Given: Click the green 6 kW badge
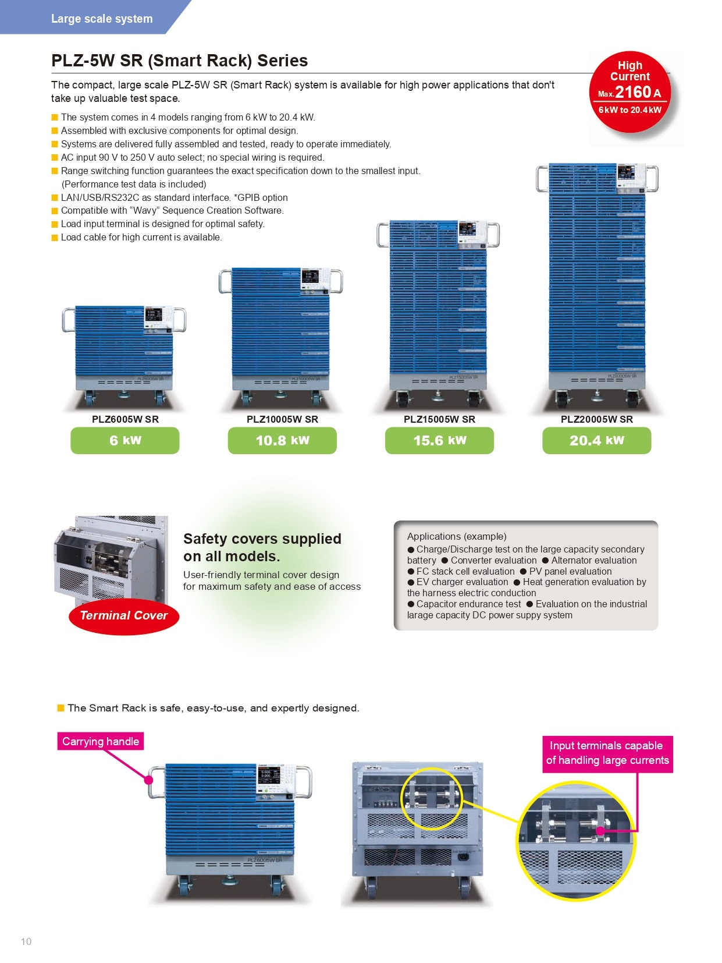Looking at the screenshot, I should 125,440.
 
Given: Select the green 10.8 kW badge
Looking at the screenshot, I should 282,440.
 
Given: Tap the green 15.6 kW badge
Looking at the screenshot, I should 439,440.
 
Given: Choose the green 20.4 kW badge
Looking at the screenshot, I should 596,440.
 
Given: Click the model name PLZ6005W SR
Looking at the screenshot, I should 125,419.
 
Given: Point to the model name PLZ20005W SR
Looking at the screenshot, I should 596,419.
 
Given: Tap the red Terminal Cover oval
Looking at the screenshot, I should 123,616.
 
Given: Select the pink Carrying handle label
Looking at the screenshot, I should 101,741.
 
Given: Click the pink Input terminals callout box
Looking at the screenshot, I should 607,753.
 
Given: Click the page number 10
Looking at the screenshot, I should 26,941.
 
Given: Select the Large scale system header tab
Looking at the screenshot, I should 102,19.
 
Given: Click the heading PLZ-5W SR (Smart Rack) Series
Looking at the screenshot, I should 180,61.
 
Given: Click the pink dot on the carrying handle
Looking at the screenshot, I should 148,780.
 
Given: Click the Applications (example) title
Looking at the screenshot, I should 457,536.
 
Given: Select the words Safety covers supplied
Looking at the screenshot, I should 262,539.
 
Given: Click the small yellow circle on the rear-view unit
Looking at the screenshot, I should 431,798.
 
